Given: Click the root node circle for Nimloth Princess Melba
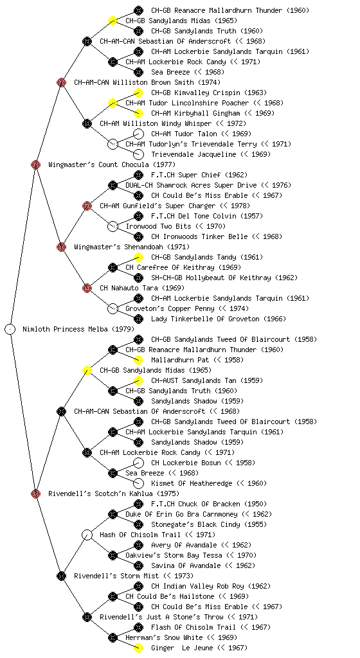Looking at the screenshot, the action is [10, 329].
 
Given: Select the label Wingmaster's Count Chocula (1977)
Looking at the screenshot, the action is [112, 164].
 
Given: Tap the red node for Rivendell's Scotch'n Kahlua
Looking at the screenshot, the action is [35, 493].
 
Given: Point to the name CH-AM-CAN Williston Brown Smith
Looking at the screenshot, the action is [134, 82].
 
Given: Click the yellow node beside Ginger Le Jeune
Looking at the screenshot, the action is [138, 648].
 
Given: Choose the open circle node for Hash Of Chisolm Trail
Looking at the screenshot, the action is [87, 535].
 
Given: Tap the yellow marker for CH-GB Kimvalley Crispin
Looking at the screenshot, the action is [138, 93].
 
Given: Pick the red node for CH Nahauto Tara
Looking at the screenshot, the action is [87, 288].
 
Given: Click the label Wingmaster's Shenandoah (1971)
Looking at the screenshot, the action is [132, 247].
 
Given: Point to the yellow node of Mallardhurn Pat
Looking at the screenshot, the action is [138, 360].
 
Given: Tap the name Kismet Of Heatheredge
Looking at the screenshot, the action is [192, 483].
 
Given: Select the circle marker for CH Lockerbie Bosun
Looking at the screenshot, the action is [138, 463].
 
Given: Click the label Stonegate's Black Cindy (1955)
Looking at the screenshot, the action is [209, 524].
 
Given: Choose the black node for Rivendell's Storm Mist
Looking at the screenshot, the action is [61, 576].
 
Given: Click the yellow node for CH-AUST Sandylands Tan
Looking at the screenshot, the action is [138, 380].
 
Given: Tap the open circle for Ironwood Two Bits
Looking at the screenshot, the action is [113, 226].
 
